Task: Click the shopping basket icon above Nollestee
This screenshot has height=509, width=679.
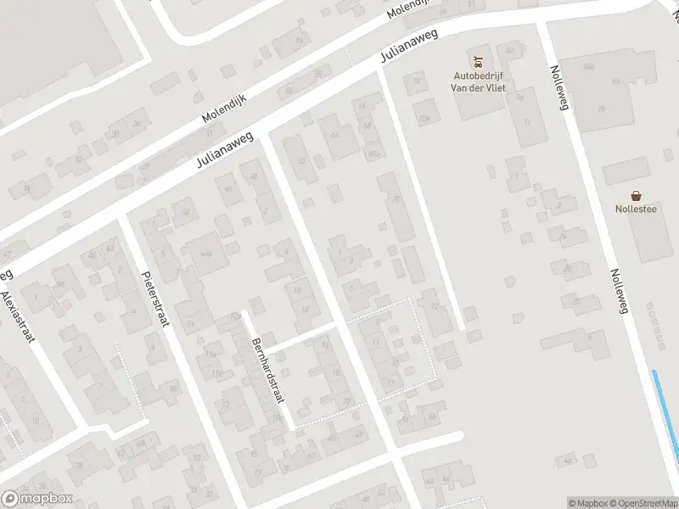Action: click(636, 195)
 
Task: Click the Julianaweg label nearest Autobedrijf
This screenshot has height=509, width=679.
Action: click(410, 46)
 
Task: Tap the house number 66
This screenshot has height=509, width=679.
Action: click(362, 105)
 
